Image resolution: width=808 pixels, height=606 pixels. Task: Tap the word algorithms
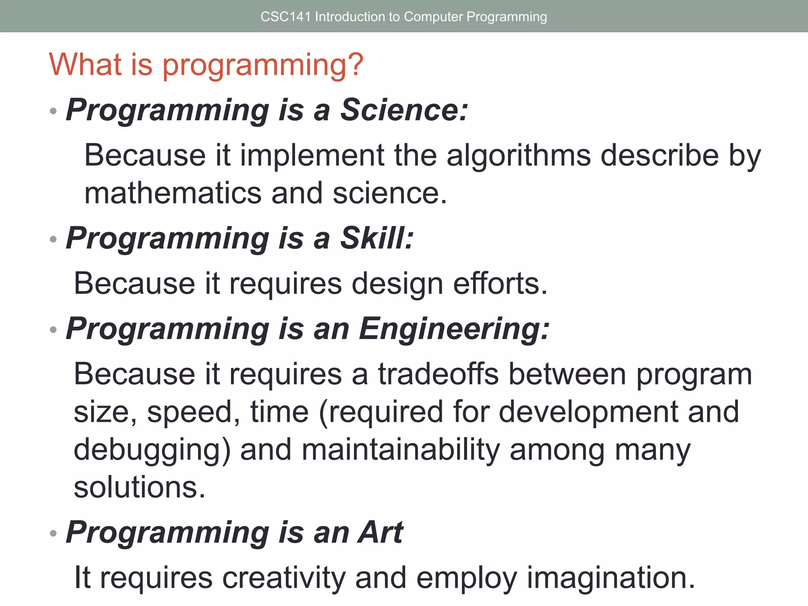point(518,156)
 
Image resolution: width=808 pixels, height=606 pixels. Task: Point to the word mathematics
point(173,193)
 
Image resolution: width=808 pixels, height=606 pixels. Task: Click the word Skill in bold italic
point(376,238)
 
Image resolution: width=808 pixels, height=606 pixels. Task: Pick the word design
point(397,284)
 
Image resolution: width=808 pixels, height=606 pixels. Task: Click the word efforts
point(499,284)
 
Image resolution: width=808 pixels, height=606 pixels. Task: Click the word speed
point(193,413)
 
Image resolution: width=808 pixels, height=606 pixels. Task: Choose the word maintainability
point(401,450)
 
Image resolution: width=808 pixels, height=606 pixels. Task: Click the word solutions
point(139,487)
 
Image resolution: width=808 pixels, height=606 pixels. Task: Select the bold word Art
point(380,532)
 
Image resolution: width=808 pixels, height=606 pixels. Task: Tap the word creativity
point(284,578)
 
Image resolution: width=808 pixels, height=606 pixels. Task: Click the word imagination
point(610,578)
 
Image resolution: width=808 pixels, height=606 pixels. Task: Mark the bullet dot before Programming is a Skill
point(54,239)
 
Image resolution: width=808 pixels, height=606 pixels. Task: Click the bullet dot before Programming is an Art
point(54,533)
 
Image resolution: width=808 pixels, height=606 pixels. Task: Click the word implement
point(312,156)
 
